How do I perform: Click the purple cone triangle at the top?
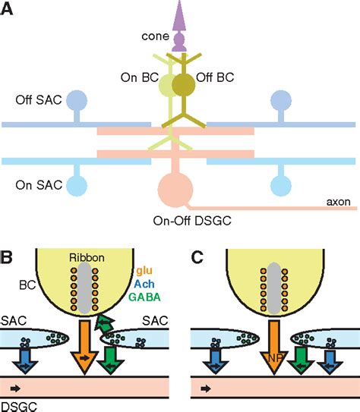coord(179,16)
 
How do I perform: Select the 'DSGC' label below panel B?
coord(18,405)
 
